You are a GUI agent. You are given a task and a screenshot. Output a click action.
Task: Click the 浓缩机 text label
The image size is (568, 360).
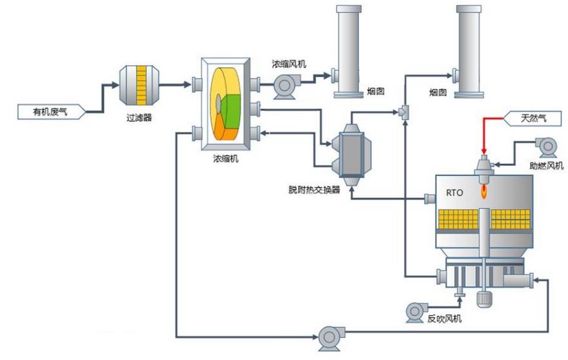(x=226, y=158)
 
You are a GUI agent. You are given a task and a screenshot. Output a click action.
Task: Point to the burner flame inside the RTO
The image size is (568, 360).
(x=484, y=191)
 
